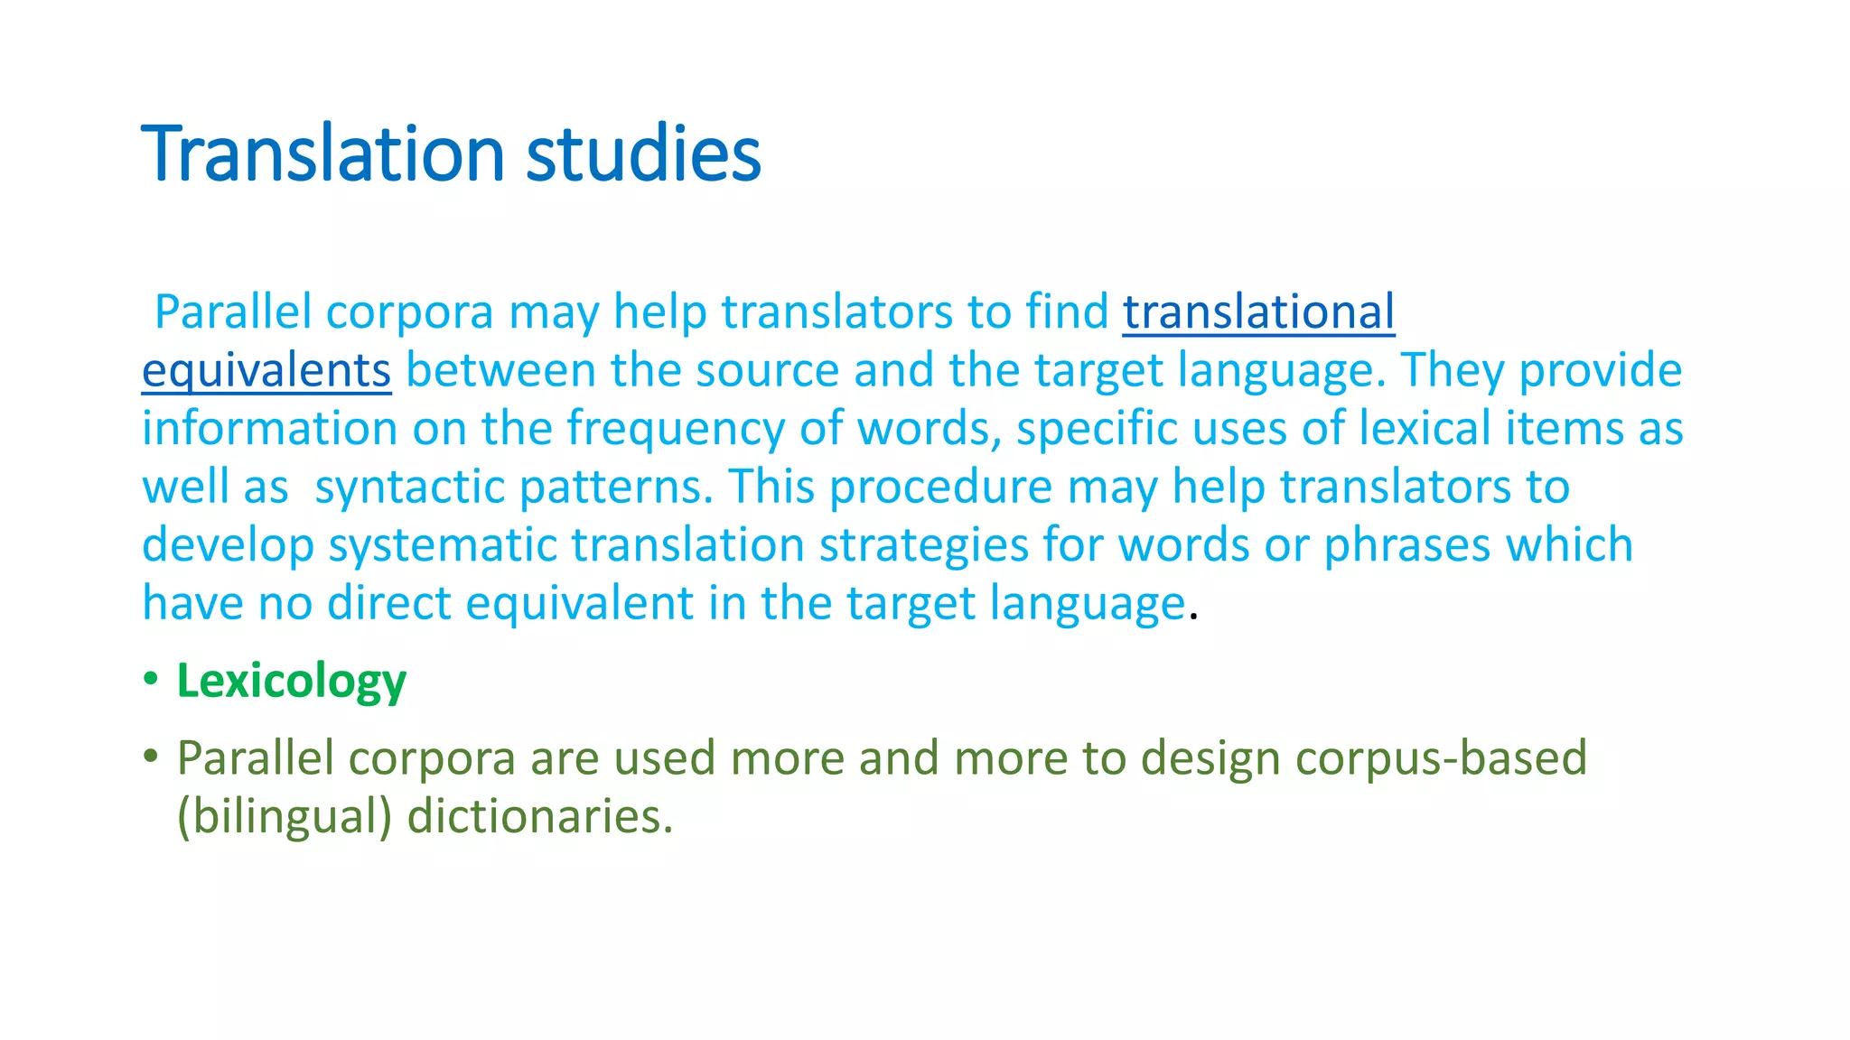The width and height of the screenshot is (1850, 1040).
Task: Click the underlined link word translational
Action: pyautogui.click(x=1258, y=312)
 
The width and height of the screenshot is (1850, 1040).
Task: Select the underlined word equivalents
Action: pyautogui.click(x=266, y=371)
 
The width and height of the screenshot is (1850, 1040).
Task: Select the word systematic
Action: pyautogui.click(x=442, y=545)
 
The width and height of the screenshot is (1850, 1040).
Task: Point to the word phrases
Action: pyautogui.click(x=1406, y=545)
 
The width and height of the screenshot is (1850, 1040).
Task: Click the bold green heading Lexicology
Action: pyautogui.click(x=291, y=681)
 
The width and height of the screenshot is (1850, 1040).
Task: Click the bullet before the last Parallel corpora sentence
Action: pyautogui.click(x=151, y=755)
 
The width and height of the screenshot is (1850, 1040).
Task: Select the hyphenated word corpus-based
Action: pyautogui.click(x=1441, y=758)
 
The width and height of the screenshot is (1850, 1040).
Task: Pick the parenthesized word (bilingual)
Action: pyautogui.click(x=285, y=816)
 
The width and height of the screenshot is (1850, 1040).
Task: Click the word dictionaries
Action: pyautogui.click(x=539, y=816)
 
